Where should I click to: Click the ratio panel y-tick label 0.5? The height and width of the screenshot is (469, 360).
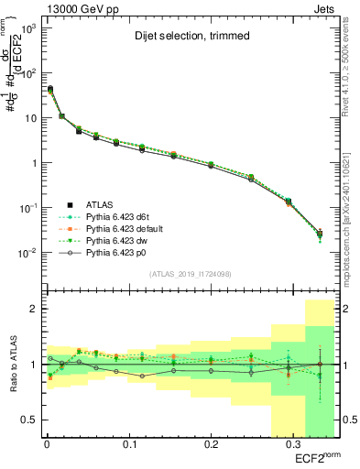point(27,420)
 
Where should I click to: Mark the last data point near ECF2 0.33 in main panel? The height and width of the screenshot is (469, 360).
point(320,234)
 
